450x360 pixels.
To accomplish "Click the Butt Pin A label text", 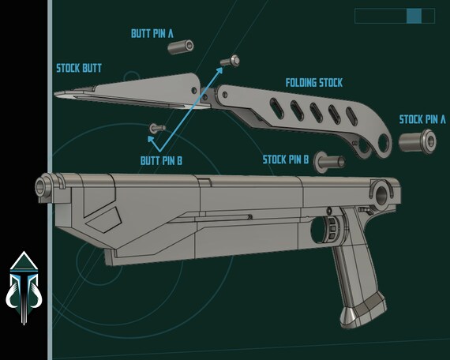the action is click(x=152, y=33).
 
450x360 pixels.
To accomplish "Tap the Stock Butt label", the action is click(x=79, y=69).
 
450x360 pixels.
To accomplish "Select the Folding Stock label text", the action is click(x=314, y=83).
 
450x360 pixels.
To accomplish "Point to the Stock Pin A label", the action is click(x=422, y=119).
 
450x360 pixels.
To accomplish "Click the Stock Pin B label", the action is click(x=286, y=159).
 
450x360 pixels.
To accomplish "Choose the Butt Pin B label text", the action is click(x=161, y=161).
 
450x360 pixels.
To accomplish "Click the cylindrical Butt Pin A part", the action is click(x=181, y=47).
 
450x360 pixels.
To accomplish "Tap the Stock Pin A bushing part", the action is click(x=418, y=141).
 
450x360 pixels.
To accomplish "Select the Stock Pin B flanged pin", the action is click(x=329, y=162).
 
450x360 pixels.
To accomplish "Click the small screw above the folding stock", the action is click(x=230, y=61).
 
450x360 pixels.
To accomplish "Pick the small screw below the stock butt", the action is click(x=157, y=128).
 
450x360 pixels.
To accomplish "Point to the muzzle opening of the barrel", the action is click(x=40, y=187).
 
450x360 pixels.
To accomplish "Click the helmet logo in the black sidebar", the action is click(x=24, y=288).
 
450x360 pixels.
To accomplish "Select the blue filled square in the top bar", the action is click(x=414, y=16).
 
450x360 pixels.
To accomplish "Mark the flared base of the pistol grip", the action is click(x=363, y=313).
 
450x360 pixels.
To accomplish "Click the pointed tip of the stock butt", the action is click(x=55, y=94).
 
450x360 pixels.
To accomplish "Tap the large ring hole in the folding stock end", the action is click(x=384, y=143).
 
